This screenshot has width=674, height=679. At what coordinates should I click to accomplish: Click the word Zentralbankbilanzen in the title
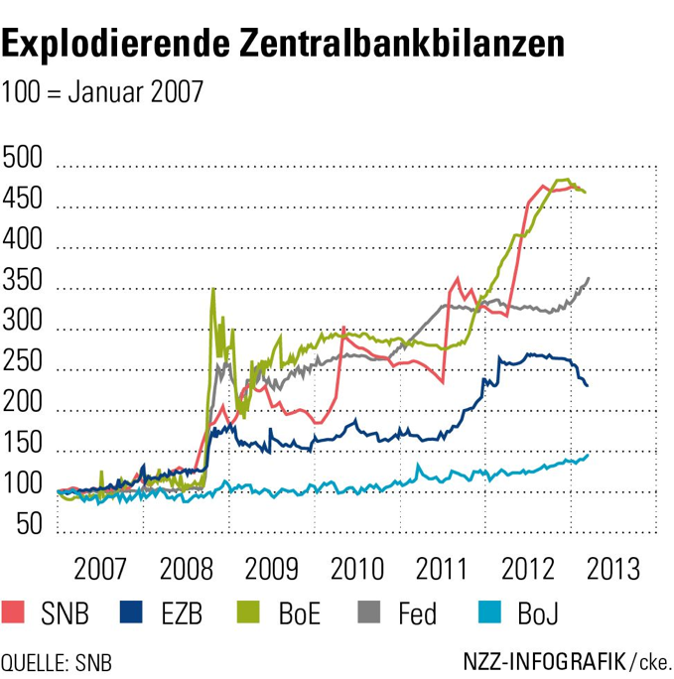point(402,43)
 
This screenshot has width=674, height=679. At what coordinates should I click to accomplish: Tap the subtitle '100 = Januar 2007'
point(102,91)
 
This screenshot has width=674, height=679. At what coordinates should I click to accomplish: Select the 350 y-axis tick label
point(23,279)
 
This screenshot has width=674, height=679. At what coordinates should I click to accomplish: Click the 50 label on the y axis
point(30,524)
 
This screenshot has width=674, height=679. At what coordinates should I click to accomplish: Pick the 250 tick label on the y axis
point(23,360)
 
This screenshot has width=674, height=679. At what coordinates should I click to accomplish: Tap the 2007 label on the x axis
point(100,569)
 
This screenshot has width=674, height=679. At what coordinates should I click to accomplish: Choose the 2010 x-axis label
point(357,569)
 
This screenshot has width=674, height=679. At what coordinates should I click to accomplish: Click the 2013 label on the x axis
point(613,569)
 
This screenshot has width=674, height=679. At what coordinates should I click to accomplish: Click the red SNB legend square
point(13,611)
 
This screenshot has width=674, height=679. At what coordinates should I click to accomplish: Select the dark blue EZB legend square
point(131,611)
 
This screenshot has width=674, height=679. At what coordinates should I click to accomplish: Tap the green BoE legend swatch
point(248,611)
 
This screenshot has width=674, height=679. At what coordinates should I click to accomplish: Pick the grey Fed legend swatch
point(369,611)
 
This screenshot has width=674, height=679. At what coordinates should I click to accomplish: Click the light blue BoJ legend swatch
point(489,611)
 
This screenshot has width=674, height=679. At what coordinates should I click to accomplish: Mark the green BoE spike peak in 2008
point(213,289)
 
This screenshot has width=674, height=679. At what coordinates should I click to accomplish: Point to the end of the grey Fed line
point(589,278)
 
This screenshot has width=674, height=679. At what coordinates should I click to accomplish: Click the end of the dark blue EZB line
point(587,385)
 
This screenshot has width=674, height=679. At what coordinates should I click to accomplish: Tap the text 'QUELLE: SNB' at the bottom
point(57,663)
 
